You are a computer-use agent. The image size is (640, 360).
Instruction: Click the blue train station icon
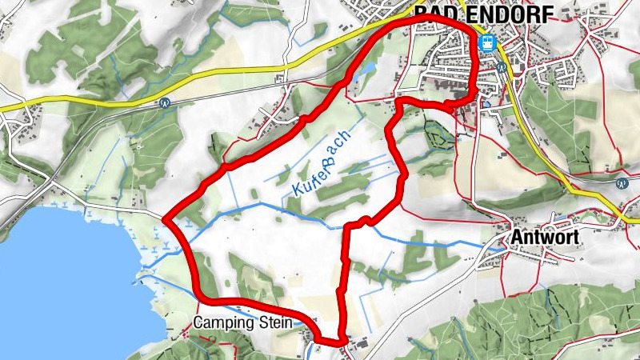[x=486, y=44]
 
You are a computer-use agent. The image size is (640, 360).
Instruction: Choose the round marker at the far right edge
[x=622, y=183]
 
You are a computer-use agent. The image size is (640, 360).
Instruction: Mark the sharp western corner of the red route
[x=164, y=218]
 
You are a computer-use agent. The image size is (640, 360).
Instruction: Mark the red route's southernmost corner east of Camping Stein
[x=342, y=342]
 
